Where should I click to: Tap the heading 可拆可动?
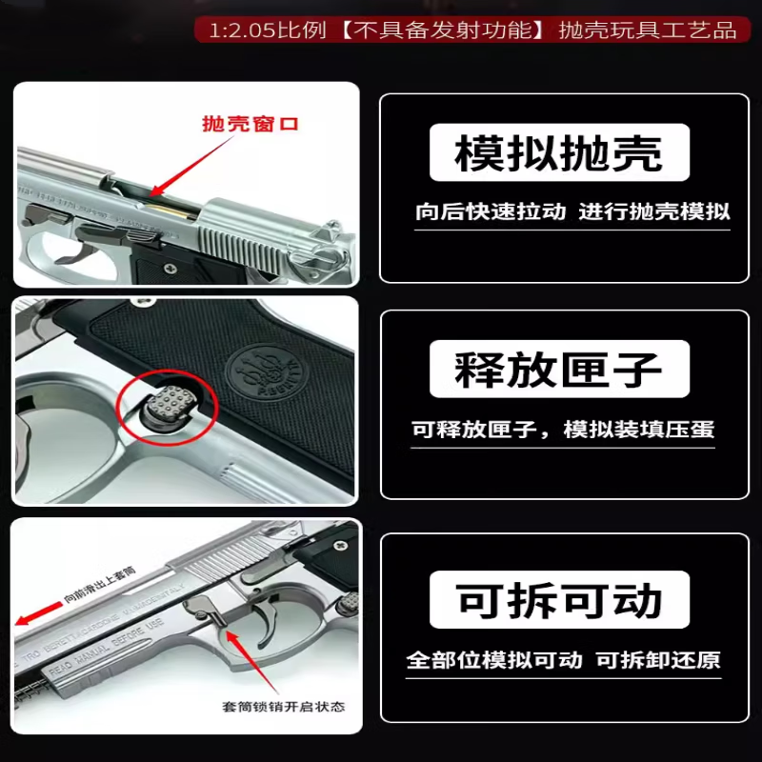pos(558,600)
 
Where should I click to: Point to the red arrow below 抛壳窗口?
pos(190,164)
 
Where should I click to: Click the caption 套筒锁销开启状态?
pos(284,707)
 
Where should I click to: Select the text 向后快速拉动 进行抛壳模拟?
pos(572,211)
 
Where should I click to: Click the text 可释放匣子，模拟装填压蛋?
pos(563,430)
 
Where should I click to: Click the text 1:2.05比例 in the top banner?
pos(252,30)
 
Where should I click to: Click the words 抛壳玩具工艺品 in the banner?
pos(648,30)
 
